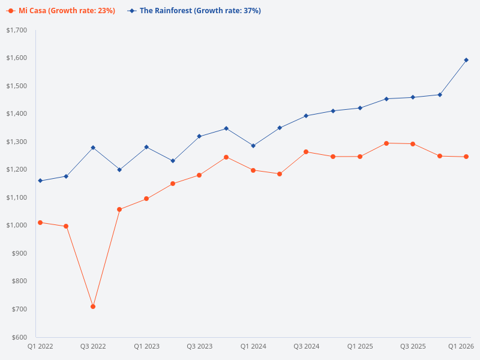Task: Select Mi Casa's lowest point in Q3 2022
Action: [x=93, y=307]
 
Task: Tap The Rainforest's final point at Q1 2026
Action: [x=466, y=60]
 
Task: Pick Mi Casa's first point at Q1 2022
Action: [x=40, y=223]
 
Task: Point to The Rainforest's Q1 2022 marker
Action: [x=40, y=181]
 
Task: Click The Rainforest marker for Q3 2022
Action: [x=93, y=148]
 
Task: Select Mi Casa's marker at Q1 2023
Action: [x=146, y=199]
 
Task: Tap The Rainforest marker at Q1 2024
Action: [x=253, y=146]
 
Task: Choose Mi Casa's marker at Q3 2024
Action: [x=306, y=152]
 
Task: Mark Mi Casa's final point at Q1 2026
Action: [x=466, y=157]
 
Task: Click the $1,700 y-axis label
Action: [x=17, y=30]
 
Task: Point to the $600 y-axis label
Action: [x=19, y=337]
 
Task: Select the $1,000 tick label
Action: [x=17, y=226]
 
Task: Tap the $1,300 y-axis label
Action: [x=17, y=142]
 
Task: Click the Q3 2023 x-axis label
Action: [x=200, y=347]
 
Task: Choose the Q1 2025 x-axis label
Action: [x=360, y=347]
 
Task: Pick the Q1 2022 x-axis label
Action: [x=40, y=347]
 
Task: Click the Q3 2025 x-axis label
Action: [x=413, y=347]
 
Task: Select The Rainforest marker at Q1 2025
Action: [x=359, y=108]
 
